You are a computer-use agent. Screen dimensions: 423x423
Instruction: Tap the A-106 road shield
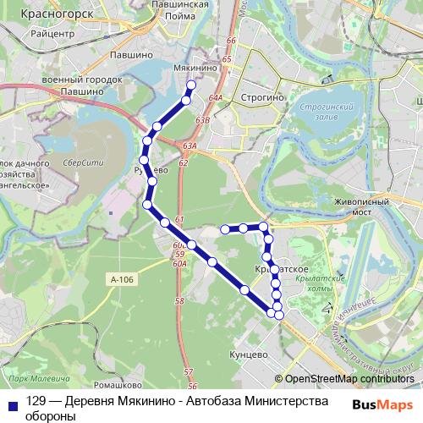tap(121, 277)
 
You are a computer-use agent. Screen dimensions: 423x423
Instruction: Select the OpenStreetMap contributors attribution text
tap(344, 379)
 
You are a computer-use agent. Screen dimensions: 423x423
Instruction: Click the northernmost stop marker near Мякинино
tap(190, 85)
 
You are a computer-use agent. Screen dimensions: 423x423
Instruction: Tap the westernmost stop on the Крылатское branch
tap(225, 229)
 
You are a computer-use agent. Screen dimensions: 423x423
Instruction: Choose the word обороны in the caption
tap(52, 416)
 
